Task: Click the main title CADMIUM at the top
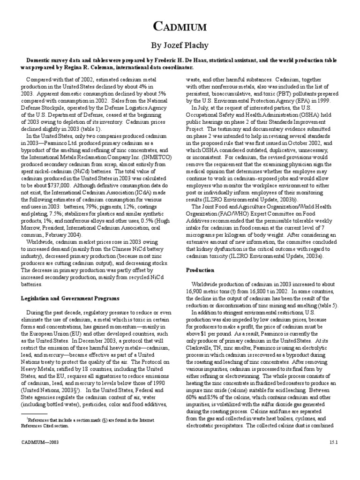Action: point(180,27)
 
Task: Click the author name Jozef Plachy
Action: point(180,46)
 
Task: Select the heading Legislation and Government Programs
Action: point(70,298)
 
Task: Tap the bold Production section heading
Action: point(200,270)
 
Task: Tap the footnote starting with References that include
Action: point(89,423)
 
